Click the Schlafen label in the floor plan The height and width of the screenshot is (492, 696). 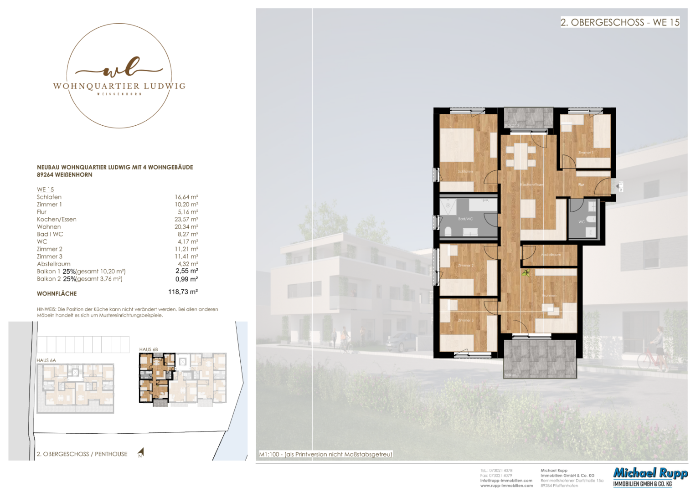pos(465,172)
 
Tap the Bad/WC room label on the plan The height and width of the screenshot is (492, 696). pos(465,219)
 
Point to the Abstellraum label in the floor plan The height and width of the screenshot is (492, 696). pos(551,255)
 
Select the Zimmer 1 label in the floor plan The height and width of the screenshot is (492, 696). pos(586,153)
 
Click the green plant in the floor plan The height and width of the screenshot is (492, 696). pos(526,273)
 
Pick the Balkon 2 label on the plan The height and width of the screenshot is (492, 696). pos(512,125)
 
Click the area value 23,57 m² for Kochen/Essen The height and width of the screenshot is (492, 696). pos(186,220)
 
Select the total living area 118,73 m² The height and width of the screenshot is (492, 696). pos(183,292)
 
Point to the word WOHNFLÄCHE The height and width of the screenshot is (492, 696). pos(57,294)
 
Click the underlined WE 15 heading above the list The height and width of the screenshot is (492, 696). pos(45,190)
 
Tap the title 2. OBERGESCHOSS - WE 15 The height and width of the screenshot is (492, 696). pos(619,22)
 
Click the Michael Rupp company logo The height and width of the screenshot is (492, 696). pos(650,477)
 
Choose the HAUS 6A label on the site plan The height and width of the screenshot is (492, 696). pos(46,360)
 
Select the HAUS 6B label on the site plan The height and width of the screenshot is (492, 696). pos(149,349)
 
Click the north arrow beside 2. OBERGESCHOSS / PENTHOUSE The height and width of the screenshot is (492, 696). pos(141,452)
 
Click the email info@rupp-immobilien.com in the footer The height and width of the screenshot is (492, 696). pos(506,480)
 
